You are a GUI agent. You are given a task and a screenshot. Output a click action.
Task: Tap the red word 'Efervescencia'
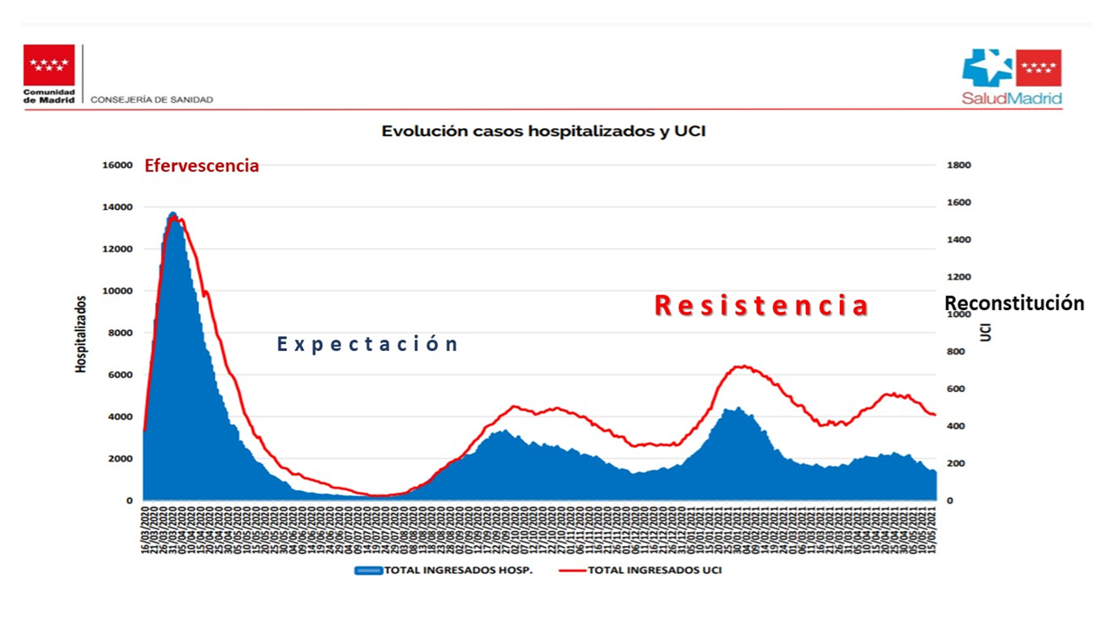click(202, 165)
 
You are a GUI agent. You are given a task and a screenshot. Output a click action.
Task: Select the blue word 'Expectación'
click(367, 344)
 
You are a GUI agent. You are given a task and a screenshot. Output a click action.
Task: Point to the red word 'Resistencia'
click(762, 306)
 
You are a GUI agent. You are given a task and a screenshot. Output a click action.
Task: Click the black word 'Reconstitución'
click(1015, 303)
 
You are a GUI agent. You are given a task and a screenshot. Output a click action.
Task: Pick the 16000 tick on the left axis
click(118, 165)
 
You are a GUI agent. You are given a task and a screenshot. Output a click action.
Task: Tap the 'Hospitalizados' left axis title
click(82, 334)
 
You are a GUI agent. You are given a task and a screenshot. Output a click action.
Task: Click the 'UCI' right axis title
click(986, 332)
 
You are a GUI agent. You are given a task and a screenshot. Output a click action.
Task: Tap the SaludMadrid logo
click(1011, 77)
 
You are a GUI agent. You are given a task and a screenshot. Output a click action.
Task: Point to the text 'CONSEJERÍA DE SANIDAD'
click(151, 100)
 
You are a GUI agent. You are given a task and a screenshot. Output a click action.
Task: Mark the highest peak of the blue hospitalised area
click(172, 213)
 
